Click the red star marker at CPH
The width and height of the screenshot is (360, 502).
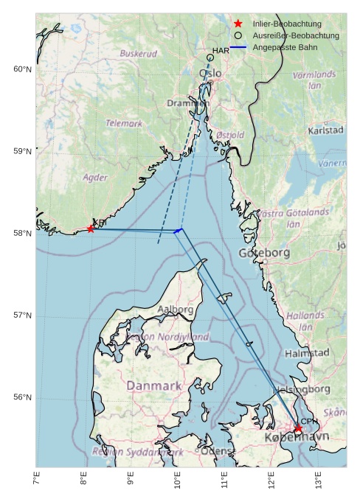click(x=298, y=428)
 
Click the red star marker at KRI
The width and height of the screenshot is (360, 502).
click(x=91, y=229)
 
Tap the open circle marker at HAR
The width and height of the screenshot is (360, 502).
click(x=210, y=57)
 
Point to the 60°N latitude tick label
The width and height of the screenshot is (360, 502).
click(x=23, y=69)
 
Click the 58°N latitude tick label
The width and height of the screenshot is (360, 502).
click(x=23, y=234)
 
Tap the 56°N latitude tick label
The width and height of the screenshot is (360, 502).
click(x=23, y=397)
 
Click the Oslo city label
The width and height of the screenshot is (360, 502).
click(x=210, y=74)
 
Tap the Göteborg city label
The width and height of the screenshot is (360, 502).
click(x=264, y=253)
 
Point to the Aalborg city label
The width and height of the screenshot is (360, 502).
click(x=176, y=310)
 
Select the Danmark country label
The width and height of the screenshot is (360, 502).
click(x=153, y=386)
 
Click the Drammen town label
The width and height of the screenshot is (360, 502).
click(x=188, y=103)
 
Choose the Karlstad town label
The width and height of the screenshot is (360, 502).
click(x=325, y=130)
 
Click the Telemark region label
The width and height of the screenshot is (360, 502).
click(x=124, y=124)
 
